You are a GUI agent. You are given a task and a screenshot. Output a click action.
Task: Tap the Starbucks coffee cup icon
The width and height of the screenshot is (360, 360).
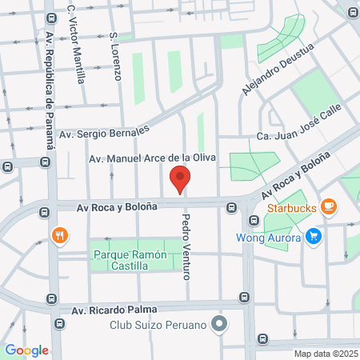coord(328,206)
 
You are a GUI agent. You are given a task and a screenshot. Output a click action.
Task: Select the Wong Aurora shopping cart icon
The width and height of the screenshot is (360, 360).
coord(314,237)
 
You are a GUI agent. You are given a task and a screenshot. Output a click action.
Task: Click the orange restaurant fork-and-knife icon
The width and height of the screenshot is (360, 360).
coord(59,236)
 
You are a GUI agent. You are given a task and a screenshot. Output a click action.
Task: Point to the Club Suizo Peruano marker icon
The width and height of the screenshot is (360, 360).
coord(221,325)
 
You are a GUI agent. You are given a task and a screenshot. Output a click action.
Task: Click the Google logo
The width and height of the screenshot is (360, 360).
coord(26,350)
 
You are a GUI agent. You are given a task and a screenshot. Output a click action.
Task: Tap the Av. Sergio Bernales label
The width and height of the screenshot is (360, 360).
coord(110,128)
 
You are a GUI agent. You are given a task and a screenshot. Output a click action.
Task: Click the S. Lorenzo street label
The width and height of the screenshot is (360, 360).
coord(115,57)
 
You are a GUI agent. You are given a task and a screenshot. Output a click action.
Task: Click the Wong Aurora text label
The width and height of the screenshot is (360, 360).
coord(269,238)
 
